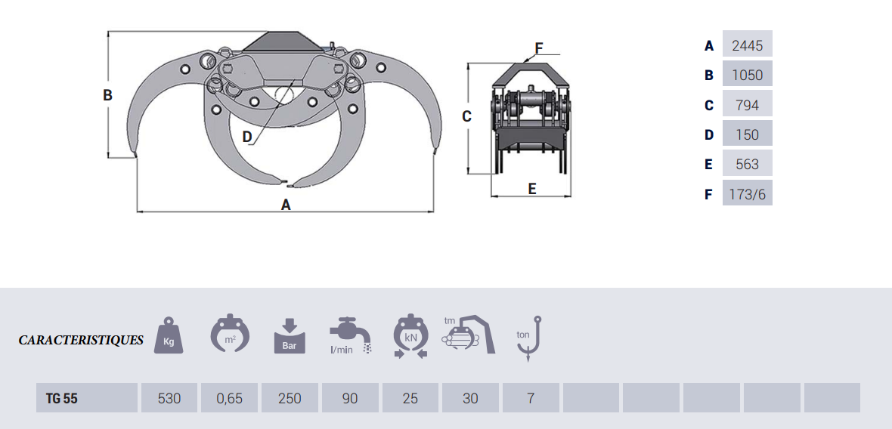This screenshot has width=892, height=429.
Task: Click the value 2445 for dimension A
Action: click(x=747, y=45)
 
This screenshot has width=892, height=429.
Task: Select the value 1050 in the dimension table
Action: click(x=747, y=75)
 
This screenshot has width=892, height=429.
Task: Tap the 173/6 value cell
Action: click(x=747, y=194)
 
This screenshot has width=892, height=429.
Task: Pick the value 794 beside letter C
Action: click(x=747, y=105)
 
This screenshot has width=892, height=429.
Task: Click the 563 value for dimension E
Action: click(x=747, y=164)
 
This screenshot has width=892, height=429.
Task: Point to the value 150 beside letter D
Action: click(x=747, y=134)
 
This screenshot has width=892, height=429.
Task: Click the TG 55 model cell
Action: click(x=86, y=398)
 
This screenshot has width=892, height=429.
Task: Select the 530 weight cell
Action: click(x=169, y=398)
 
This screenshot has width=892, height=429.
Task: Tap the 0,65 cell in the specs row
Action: click(x=229, y=398)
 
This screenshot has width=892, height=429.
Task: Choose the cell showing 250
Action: click(x=290, y=398)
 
